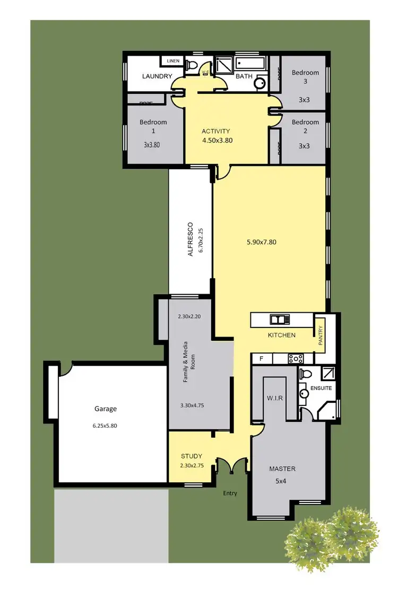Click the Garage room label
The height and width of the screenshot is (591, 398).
point(105,409)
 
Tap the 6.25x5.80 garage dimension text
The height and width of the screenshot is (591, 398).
point(105,425)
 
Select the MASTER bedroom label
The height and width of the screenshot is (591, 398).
point(282,469)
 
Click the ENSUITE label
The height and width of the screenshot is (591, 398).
point(321,388)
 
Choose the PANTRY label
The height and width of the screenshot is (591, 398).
point(321,336)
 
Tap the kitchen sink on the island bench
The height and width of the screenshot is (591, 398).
point(279,319)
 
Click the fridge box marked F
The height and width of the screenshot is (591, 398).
point(261,359)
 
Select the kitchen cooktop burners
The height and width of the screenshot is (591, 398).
point(295,359)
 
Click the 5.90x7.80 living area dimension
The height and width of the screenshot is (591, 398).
point(261,242)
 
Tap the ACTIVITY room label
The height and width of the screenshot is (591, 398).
point(216,131)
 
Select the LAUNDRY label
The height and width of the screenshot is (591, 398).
point(158,76)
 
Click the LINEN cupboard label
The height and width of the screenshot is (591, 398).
point(173,61)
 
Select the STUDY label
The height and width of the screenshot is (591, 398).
point(192,456)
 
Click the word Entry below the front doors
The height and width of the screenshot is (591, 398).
point(230,493)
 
